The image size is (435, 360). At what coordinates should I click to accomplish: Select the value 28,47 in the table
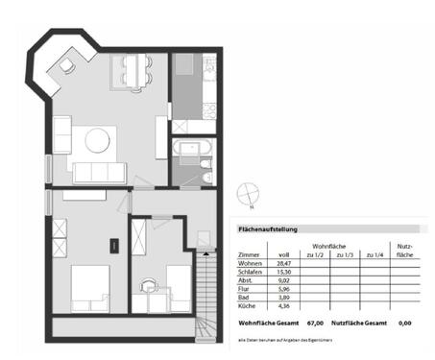tap(284, 263)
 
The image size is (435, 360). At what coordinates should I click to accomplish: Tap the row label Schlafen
tap(251, 274)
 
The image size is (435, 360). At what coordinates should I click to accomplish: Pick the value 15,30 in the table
tap(284, 274)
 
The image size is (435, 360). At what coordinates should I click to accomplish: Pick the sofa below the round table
tap(99, 173)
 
